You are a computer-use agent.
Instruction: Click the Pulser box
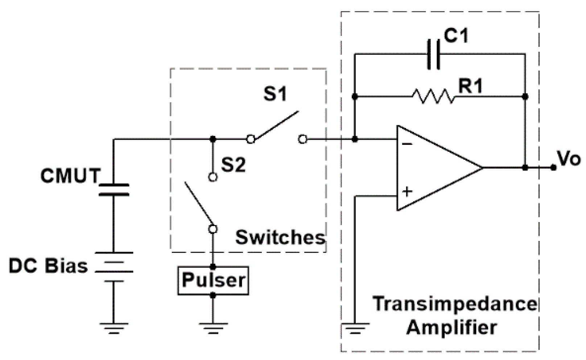pyautogui.click(x=213, y=281)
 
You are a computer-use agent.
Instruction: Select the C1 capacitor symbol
pyautogui.click(x=434, y=54)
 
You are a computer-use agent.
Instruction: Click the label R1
pyautogui.click(x=470, y=86)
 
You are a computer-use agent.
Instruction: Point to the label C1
pyautogui.click(x=456, y=36)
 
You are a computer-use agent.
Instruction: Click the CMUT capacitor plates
pyautogui.click(x=114, y=190)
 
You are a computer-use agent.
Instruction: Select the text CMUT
pyautogui.click(x=70, y=176)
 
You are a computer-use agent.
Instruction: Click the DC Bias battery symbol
pyautogui.click(x=114, y=267)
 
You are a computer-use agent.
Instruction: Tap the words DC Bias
pyautogui.click(x=48, y=266)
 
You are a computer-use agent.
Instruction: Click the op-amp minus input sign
pyautogui.click(x=407, y=144)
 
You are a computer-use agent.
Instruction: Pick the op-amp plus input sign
pyautogui.click(x=407, y=191)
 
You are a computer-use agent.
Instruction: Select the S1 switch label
pyautogui.click(x=275, y=94)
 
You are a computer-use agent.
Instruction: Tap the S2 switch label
pyautogui.click(x=233, y=165)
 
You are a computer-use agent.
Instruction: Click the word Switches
pyautogui.click(x=280, y=238)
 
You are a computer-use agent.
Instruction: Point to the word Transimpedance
pyautogui.click(x=455, y=304)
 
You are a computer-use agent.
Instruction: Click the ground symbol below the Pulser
pyautogui.click(x=213, y=327)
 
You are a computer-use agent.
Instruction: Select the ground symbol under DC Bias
pyautogui.click(x=114, y=327)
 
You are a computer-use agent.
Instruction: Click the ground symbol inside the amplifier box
pyautogui.click(x=355, y=327)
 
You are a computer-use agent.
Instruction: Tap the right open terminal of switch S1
pyautogui.click(x=302, y=139)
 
